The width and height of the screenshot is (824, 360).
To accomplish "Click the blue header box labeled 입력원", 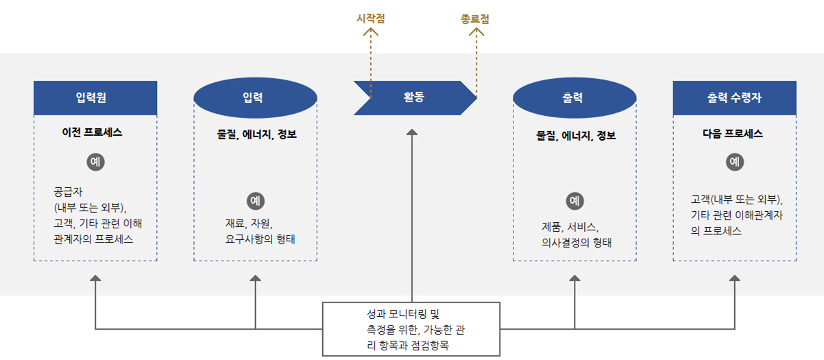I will (x=95, y=97).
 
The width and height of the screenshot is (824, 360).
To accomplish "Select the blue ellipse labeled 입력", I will (x=255, y=97).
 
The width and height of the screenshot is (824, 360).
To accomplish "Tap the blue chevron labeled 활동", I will (x=414, y=97).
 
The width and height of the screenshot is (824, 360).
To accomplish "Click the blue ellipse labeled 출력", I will (x=574, y=97).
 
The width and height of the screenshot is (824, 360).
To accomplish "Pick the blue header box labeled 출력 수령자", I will (x=734, y=97).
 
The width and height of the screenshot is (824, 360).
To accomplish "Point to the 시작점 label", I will (x=371, y=19).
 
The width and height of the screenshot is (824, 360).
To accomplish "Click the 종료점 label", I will (x=475, y=19).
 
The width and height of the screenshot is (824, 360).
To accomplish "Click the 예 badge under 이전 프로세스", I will (x=96, y=162).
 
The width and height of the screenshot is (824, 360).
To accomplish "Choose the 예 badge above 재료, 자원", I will (x=255, y=201).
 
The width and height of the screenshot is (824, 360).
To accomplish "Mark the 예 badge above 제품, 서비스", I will (x=574, y=201).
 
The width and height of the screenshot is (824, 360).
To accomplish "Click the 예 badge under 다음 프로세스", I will (x=734, y=162).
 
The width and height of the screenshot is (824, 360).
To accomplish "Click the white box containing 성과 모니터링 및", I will (x=411, y=329).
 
